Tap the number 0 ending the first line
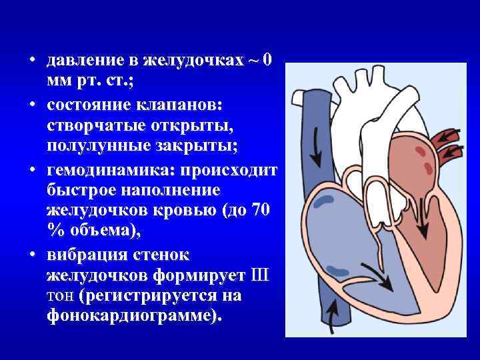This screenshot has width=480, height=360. (267, 61)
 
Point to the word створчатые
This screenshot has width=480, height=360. (94, 126)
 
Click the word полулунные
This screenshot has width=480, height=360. (93, 145)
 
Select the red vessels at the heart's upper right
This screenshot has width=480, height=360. (445, 138)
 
